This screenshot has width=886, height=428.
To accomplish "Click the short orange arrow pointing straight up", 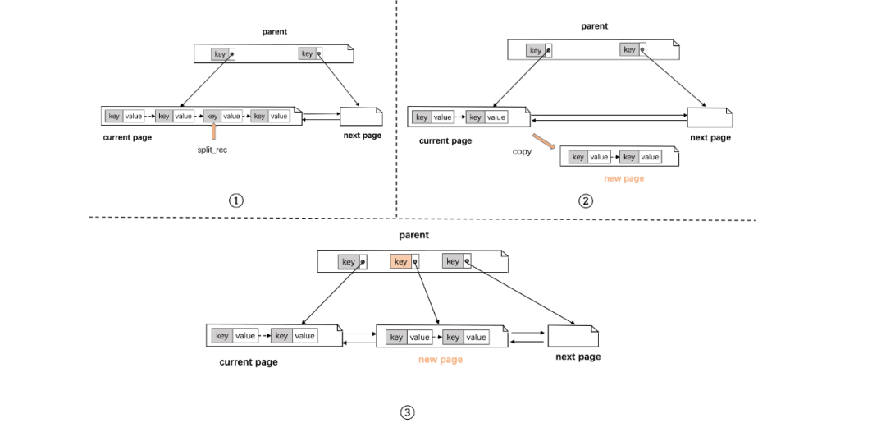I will click(x=214, y=131).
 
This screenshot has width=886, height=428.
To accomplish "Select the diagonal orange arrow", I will click(x=543, y=141).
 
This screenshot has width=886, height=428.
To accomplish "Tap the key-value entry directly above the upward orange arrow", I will click(x=222, y=116).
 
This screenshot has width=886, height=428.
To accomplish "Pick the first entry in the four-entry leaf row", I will click(x=125, y=116).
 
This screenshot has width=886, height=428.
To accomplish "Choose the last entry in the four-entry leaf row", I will click(x=270, y=116).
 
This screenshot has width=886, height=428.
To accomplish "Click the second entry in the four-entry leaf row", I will click(x=174, y=116).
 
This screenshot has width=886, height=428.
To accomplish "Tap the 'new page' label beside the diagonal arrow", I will click(x=624, y=178).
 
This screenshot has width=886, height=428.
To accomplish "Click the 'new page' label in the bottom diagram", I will click(x=441, y=359).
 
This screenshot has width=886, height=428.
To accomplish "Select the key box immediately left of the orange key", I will click(x=352, y=262).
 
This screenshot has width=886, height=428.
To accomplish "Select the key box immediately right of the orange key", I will click(x=456, y=261).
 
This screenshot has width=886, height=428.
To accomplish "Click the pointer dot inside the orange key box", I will click(x=415, y=263).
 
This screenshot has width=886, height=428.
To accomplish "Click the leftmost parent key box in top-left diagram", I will click(x=222, y=55).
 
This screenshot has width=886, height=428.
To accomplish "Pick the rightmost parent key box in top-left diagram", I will click(x=309, y=53).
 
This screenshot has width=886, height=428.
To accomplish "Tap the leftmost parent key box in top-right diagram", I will click(x=538, y=50).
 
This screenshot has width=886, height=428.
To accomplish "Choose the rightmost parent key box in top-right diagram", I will click(x=633, y=49).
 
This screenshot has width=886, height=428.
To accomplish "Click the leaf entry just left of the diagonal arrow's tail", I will click(x=486, y=117).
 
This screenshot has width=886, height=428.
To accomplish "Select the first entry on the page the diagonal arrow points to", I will click(x=590, y=157).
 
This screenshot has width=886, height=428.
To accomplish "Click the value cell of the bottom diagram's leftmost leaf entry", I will click(x=245, y=335).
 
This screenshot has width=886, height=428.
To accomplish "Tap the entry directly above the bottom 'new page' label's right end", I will click(x=465, y=337).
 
